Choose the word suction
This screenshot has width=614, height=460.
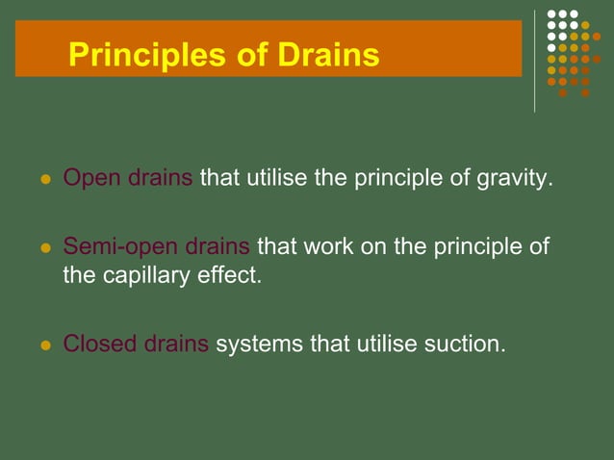tap(465, 344)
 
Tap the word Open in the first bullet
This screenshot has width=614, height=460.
tap(90, 179)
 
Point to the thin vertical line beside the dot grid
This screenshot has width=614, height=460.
tap(535, 61)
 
